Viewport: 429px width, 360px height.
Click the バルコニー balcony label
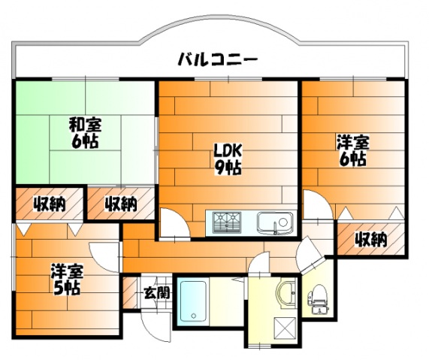(218, 59)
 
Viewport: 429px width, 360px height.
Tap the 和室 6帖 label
(85, 133)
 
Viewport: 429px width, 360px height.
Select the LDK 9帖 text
(228, 159)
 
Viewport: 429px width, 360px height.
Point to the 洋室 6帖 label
(353, 150)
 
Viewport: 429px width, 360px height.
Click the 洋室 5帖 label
(67, 280)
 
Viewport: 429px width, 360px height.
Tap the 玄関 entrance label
(157, 293)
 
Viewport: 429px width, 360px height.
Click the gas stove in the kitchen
(228, 222)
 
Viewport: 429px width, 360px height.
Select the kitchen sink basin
(275, 223)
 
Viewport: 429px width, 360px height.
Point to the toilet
(319, 299)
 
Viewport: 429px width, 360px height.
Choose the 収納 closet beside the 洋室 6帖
(371, 239)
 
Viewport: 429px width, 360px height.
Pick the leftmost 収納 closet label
(50, 204)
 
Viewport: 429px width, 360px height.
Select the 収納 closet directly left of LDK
(121, 203)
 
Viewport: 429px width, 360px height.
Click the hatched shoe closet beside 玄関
(130, 293)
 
